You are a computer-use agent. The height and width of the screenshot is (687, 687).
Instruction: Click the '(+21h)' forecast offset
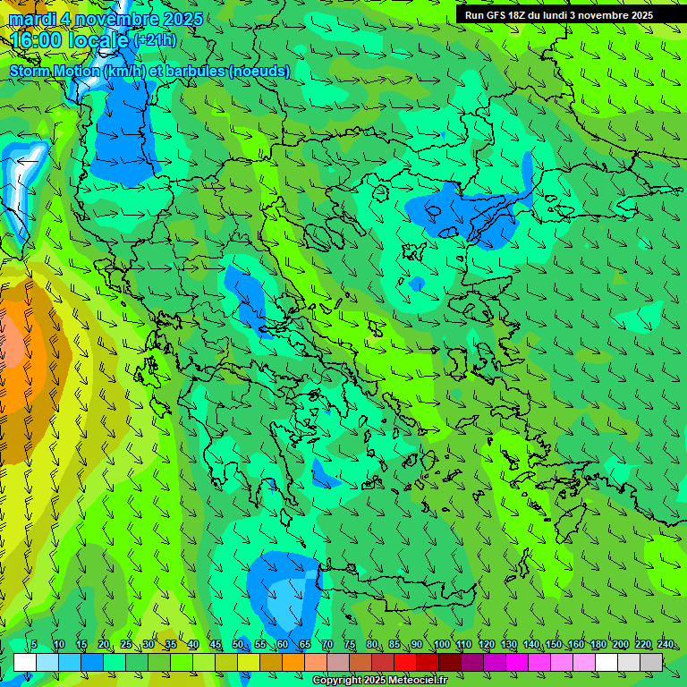tap(155, 40)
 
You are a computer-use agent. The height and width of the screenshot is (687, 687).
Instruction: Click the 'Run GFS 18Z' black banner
tap(558, 14)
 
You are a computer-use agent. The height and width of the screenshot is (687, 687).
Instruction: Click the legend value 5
tap(34, 644)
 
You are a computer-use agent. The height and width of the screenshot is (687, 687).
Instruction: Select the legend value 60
tap(283, 644)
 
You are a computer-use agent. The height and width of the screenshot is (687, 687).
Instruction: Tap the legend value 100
tap(442, 644)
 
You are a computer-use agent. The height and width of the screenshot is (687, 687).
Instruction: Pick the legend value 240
tap(666, 644)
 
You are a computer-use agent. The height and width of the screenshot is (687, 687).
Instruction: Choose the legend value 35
tap(170, 644)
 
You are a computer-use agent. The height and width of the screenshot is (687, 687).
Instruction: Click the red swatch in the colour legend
tap(405, 662)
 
